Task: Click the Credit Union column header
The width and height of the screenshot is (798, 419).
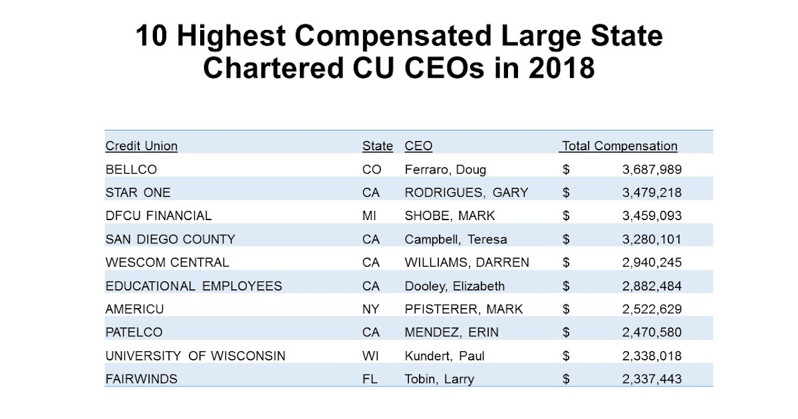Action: (x=142, y=146)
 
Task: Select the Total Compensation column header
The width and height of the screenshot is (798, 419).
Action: (x=620, y=146)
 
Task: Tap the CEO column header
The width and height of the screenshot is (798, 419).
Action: (x=418, y=146)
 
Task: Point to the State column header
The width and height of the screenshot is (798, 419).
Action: (x=377, y=146)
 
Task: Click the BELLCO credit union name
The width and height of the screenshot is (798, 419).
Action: (x=131, y=170)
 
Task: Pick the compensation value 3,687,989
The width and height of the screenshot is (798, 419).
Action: (x=652, y=170)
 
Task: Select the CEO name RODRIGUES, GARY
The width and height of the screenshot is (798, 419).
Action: (x=466, y=193)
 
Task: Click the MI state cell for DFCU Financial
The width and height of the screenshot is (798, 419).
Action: (x=370, y=216)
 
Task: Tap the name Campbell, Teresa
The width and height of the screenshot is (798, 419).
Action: (x=456, y=239)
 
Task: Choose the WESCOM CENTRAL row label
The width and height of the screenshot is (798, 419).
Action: (x=167, y=263)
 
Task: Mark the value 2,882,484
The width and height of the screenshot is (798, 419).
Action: (x=652, y=286)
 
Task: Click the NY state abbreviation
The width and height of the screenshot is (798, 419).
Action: (x=371, y=309)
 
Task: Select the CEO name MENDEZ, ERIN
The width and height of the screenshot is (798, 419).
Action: (x=452, y=333)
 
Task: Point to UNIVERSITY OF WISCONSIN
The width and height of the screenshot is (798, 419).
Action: (x=195, y=356)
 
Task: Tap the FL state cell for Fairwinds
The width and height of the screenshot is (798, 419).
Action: (x=370, y=379)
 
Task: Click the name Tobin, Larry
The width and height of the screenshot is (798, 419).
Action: (x=439, y=379)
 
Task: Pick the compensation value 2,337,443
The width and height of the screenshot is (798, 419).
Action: (x=652, y=379)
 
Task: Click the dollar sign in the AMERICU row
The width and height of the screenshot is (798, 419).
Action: (x=566, y=309)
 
